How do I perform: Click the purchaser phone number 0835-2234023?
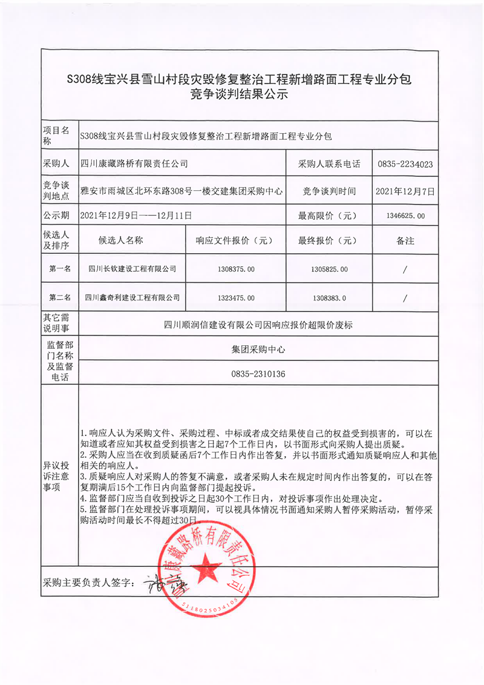[x=405, y=164]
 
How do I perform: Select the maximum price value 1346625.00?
[x=405, y=216]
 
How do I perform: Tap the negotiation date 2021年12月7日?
[x=405, y=191]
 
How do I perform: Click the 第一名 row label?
[x=59, y=269]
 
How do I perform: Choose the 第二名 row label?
[x=59, y=298]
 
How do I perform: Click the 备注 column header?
[x=405, y=240]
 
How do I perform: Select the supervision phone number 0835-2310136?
[x=258, y=374]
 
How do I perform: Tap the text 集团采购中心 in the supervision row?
[x=258, y=349]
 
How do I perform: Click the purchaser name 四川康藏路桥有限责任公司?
[x=134, y=164]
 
